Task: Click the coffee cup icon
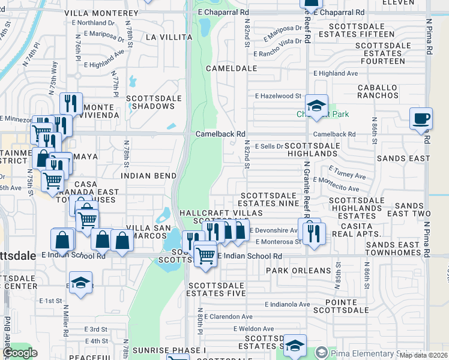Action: pos(421,118)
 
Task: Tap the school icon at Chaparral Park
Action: pos(316,106)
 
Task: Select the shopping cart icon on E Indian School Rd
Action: pos(205,254)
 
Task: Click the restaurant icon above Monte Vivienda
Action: pos(71,104)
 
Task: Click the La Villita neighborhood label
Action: pos(169,37)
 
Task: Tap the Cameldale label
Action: pos(231,68)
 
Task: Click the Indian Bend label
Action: pos(148,176)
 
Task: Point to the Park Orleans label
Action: pos(298,271)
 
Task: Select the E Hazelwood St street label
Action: pos(278,96)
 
